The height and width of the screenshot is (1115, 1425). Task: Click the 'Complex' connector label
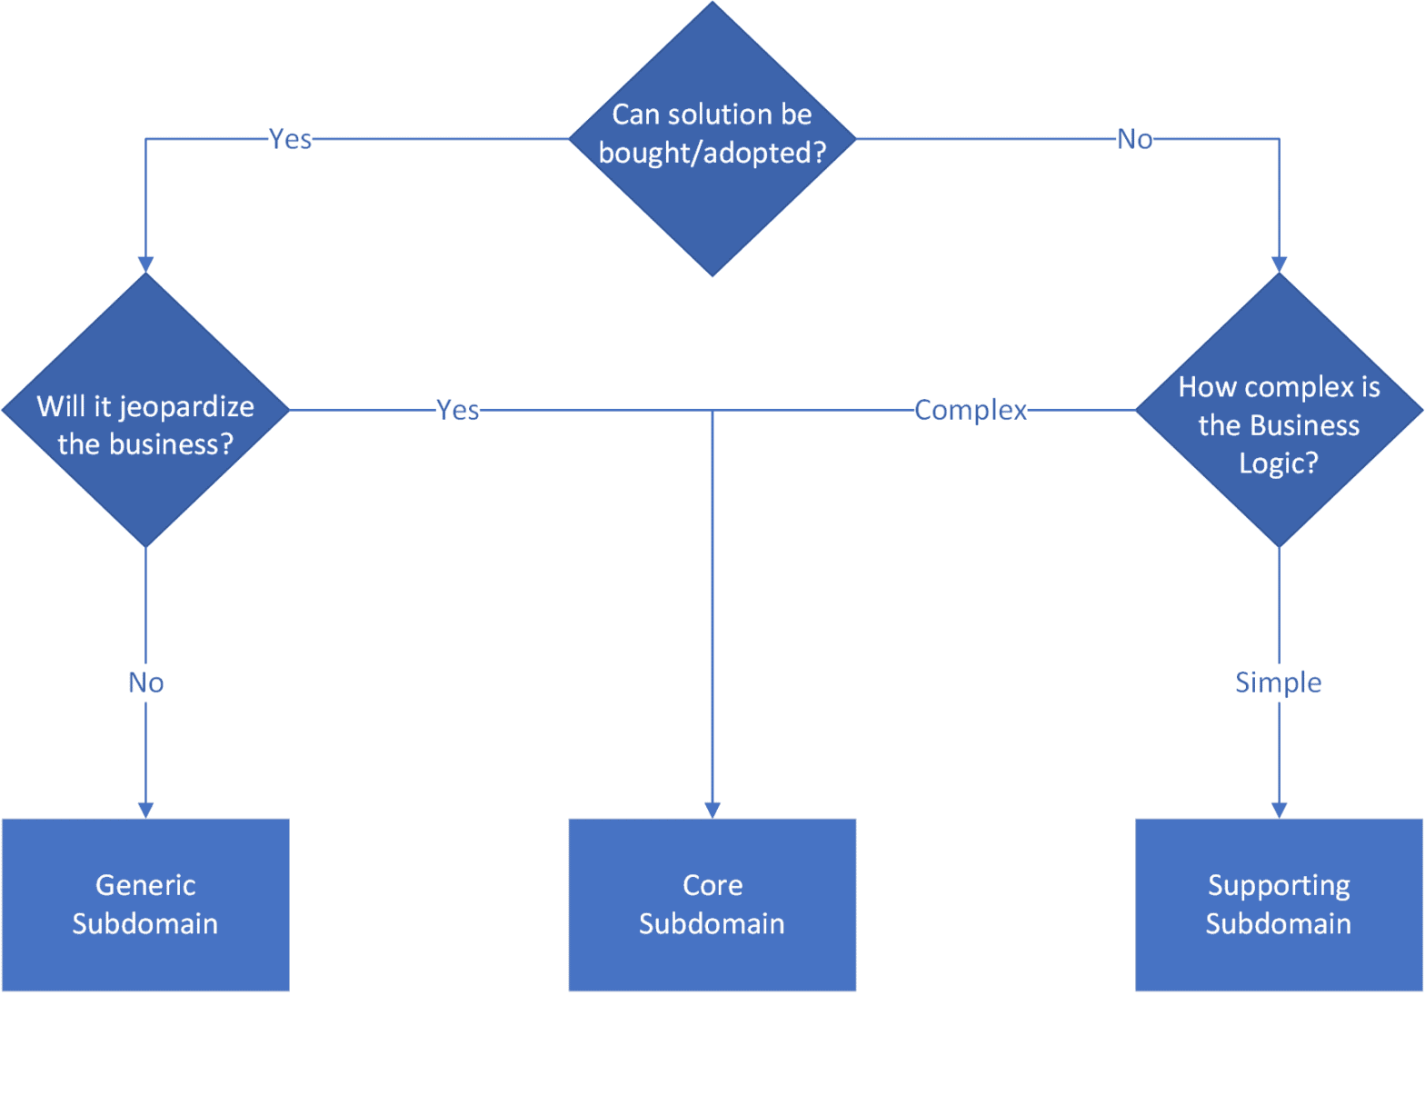coord(971,410)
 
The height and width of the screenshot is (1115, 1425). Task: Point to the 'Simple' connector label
coord(1278,682)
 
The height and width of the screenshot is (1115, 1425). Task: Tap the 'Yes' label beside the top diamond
coord(291,139)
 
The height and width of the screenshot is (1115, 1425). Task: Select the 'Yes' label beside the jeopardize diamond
coord(458,410)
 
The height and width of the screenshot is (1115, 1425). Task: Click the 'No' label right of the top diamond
coord(1135,139)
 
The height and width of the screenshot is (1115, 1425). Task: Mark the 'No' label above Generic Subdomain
coord(145,682)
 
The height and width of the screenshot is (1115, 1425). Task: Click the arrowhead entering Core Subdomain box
coord(712,810)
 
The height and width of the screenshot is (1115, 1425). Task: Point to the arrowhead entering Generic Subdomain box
coord(145,810)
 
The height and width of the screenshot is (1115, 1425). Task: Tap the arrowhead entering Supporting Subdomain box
coord(1279,810)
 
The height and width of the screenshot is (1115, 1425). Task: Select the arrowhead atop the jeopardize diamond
coord(145,264)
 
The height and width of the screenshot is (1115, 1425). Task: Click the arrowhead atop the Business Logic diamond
coord(1279,264)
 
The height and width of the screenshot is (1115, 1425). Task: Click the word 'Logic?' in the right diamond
coord(1278,463)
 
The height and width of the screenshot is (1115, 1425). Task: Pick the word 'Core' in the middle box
coord(712,885)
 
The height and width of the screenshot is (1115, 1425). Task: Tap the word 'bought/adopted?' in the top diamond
coord(712,153)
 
